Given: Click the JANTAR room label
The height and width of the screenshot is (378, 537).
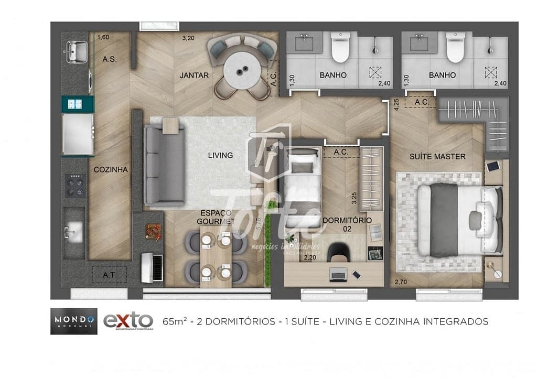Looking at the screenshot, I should tap(194, 75).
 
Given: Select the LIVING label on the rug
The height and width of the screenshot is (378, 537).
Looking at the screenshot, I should tap(220, 155).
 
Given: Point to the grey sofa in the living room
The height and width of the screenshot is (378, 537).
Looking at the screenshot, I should tap(164, 165).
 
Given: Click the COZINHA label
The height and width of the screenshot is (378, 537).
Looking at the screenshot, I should tap(111, 169).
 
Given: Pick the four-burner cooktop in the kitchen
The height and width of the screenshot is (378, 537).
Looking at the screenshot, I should tap(74, 186).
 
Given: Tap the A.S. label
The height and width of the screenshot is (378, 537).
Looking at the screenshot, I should tap(110, 59).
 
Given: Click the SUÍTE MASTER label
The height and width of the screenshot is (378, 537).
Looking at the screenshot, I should tap(437, 156).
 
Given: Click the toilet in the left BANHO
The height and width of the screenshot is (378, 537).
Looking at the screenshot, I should tap(340, 48).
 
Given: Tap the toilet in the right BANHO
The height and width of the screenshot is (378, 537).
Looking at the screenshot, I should tap(455, 48).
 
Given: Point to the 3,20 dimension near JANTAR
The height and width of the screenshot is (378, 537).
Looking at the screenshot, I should tap(188, 38).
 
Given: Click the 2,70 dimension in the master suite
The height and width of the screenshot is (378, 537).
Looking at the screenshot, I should tap(401, 283).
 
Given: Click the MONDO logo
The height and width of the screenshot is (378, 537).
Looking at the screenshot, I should tap(73, 320).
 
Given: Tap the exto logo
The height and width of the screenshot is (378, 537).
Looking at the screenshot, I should tap(128, 320).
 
